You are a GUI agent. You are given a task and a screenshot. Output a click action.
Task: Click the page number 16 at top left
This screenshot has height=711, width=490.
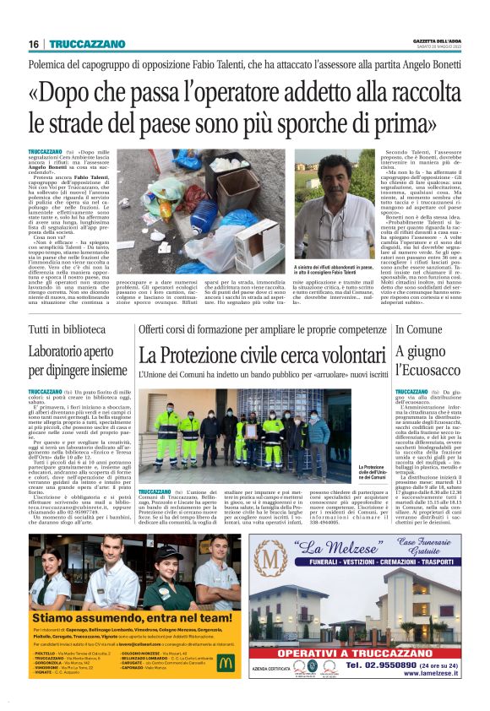pos(33,44)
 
